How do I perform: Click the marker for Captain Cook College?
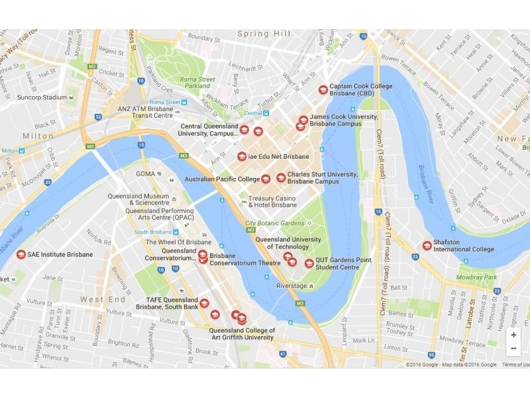coord(323,89)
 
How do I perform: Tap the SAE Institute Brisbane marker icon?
coord(21,255)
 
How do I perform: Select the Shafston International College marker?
coord(427,245)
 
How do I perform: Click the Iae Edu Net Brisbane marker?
coord(242,157)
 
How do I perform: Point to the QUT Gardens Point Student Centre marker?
coord(309,263)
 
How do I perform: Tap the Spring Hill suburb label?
coord(264,34)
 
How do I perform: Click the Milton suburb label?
coord(38,136)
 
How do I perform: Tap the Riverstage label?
coord(291,286)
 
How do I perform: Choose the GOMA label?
coord(145,174)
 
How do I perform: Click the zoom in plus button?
coord(513,335)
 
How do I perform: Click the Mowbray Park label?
coord(477,277)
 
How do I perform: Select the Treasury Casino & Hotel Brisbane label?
coord(272,201)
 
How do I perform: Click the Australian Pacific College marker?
coord(266,179)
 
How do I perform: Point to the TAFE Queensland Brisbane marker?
coord(205,303)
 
